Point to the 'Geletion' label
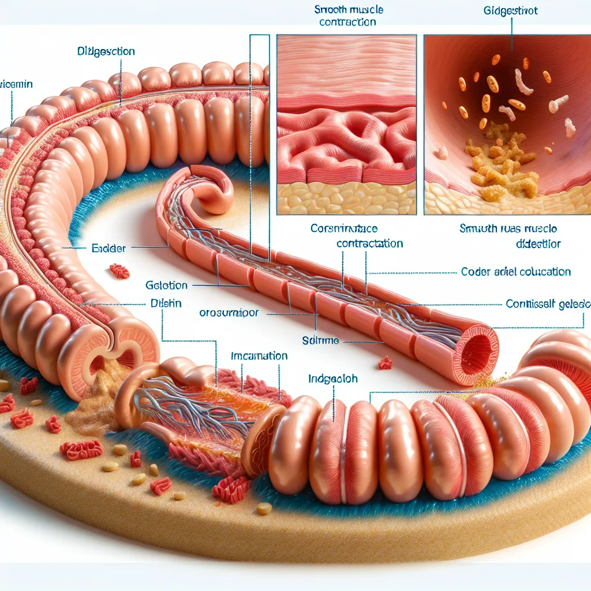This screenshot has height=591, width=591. (166, 285)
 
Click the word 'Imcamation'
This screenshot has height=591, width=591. (259, 356)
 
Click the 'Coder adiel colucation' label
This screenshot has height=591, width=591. (516, 271)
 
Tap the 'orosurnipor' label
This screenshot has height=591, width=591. (229, 313)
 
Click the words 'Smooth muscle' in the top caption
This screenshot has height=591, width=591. (349, 10)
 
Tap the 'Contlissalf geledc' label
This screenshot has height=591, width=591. (548, 303)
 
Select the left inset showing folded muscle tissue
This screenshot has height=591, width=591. (346, 124)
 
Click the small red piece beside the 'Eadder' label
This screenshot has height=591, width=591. (119, 270)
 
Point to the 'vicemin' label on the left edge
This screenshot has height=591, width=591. (16, 84)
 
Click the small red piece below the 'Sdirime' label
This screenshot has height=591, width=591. (385, 363)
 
